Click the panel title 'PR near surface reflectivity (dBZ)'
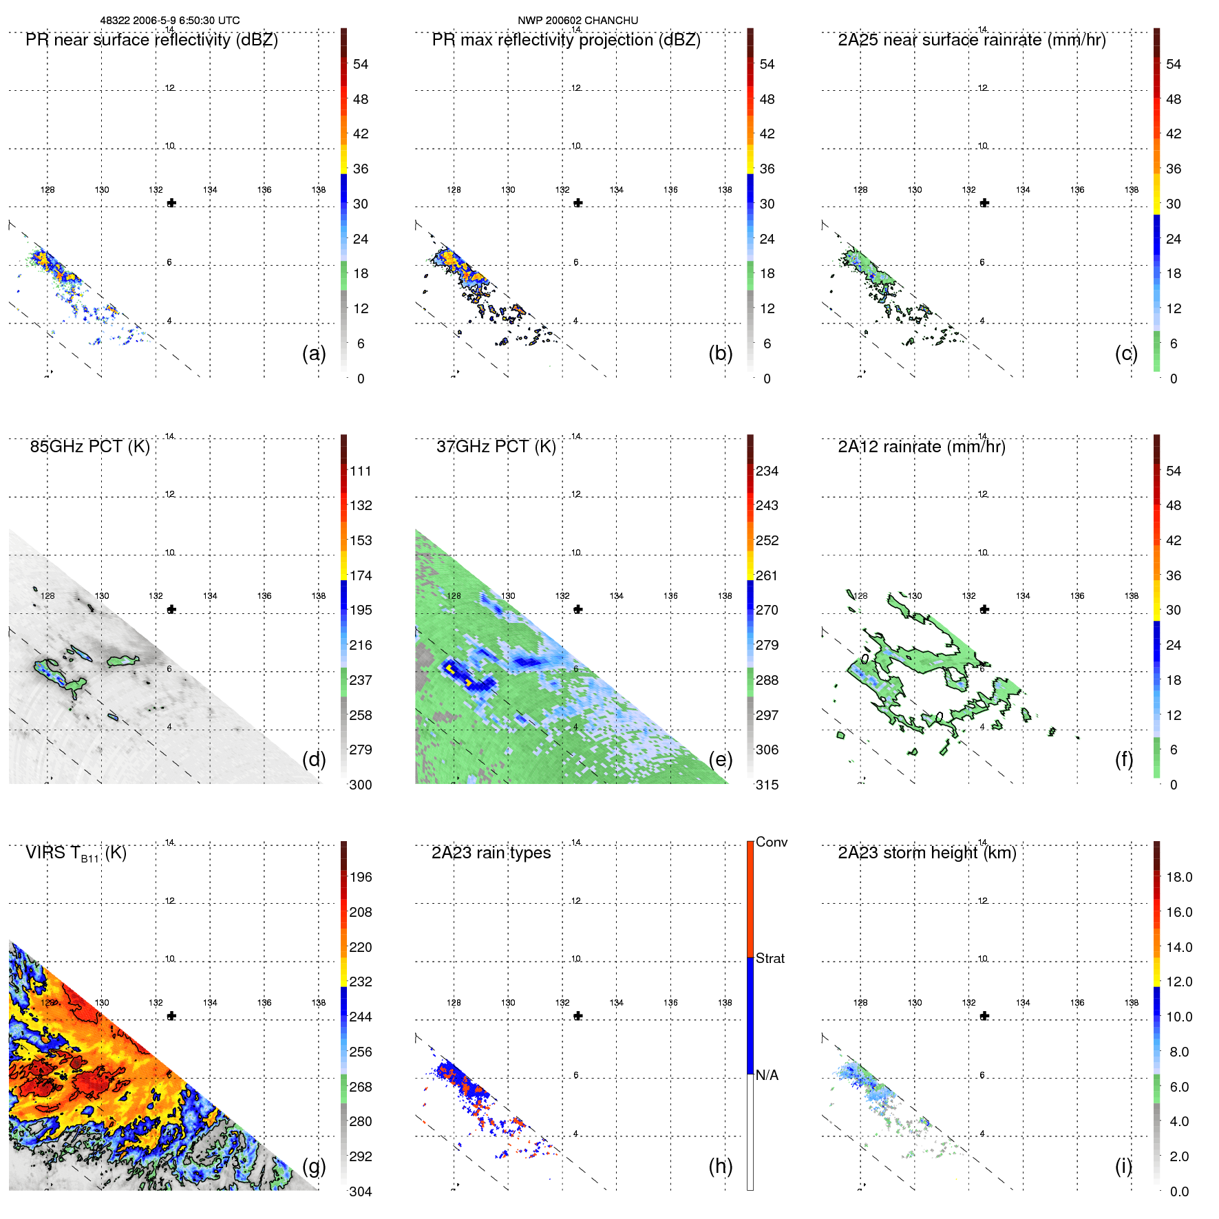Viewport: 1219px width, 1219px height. (151, 40)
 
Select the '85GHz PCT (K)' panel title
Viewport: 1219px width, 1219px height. (89, 447)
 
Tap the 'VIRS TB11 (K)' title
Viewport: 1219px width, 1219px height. (76, 854)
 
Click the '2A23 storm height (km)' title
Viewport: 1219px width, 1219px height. (926, 854)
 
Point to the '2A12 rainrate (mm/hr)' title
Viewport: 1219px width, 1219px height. (921, 447)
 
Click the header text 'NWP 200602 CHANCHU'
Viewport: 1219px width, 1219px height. (577, 21)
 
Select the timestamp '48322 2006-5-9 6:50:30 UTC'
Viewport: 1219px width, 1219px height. (170, 21)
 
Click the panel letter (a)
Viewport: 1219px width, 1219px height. (314, 353)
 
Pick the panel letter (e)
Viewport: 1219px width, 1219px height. (720, 759)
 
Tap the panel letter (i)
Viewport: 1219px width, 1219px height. (1123, 1166)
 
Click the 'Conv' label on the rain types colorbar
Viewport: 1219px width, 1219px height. (771, 842)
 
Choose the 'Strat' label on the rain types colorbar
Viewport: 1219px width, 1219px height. (770, 958)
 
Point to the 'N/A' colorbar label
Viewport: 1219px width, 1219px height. (767, 1075)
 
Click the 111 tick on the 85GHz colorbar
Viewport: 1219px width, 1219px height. (361, 471)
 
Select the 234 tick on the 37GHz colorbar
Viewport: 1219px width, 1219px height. (767, 471)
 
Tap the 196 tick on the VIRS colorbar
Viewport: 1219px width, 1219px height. (361, 877)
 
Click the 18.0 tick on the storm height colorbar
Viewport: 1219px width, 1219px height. (1179, 877)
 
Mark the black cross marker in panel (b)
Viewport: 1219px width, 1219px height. (578, 203)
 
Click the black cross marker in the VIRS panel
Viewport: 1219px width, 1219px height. (171, 1016)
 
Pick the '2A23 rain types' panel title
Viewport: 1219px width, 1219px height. (491, 854)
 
